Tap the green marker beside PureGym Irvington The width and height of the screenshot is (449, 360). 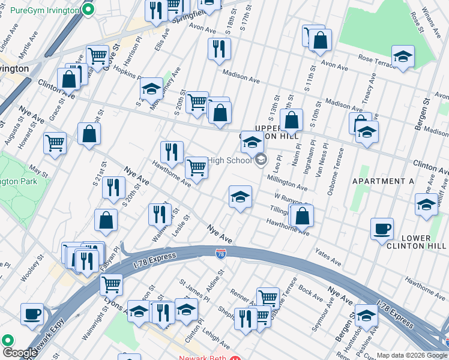(x=89, y=10)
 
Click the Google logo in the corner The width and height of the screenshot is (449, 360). (x=19, y=353)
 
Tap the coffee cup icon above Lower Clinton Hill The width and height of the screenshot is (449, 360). (x=382, y=229)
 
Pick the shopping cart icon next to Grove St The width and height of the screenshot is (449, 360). (x=97, y=56)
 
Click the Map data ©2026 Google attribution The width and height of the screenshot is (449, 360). (x=412, y=355)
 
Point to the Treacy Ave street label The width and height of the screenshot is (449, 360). (x=370, y=87)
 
